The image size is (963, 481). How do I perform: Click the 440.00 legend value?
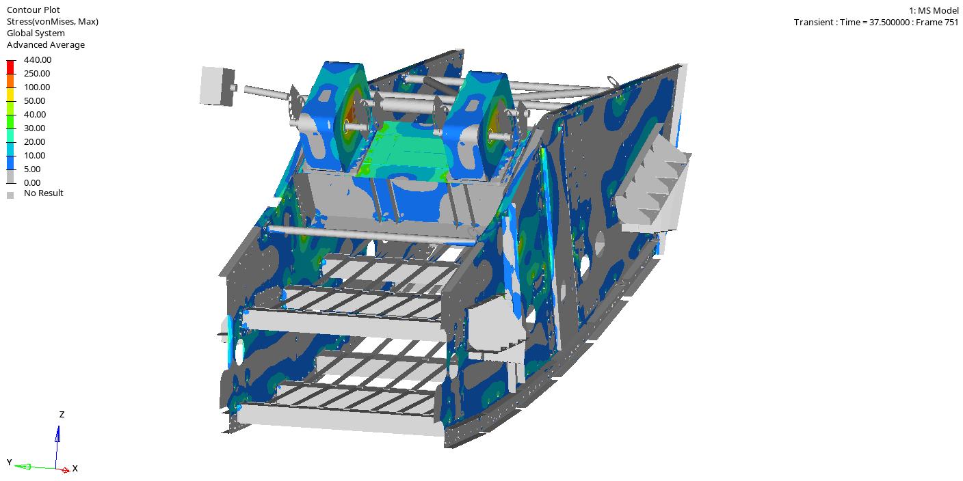pyautogui.click(x=38, y=59)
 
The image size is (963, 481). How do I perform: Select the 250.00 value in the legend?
pyautogui.click(x=37, y=73)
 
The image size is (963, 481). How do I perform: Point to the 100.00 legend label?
pyautogui.click(x=37, y=87)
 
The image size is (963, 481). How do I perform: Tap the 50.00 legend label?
pyautogui.click(x=34, y=101)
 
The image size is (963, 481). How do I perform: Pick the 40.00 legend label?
pyautogui.click(x=35, y=115)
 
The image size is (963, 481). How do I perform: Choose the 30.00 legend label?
pyautogui.click(x=34, y=128)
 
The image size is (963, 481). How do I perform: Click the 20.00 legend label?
pyautogui.click(x=34, y=141)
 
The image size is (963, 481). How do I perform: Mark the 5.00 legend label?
pyautogui.click(x=32, y=169)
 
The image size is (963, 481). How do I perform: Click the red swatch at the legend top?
pyautogui.click(x=11, y=68)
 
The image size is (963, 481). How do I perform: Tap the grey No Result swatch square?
pyautogui.click(x=10, y=195)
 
